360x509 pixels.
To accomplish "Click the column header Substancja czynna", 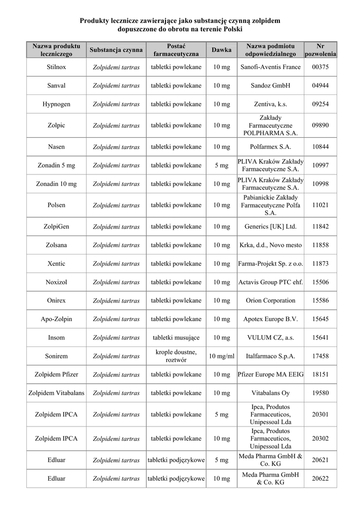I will pyautogui.click(x=116, y=50).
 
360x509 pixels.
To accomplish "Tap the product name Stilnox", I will pyautogui.click(x=56, y=67).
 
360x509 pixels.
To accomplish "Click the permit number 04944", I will pyautogui.click(x=320, y=85).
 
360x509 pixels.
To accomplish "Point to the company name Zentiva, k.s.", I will pyautogui.click(x=270, y=104).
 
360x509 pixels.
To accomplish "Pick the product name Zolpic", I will pyautogui.click(x=56, y=125).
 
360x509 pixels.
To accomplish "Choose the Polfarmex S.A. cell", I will pyautogui.click(x=270, y=147).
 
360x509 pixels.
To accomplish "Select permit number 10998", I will pyautogui.click(x=320, y=184).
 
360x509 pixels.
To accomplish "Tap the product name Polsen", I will pyautogui.click(x=56, y=205).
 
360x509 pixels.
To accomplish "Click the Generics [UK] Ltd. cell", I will pyautogui.click(x=270, y=226).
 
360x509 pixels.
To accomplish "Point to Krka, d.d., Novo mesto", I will pyautogui.click(x=270, y=245).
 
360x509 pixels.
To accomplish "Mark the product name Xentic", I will pyautogui.click(x=56, y=263).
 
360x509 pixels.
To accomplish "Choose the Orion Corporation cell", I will pyautogui.click(x=270, y=300).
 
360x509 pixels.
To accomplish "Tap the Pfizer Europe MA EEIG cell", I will pyautogui.click(x=270, y=374).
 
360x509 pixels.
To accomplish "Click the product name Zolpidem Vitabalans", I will pyautogui.click(x=56, y=393).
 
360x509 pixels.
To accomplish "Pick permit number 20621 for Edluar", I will pyautogui.click(x=320, y=460).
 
